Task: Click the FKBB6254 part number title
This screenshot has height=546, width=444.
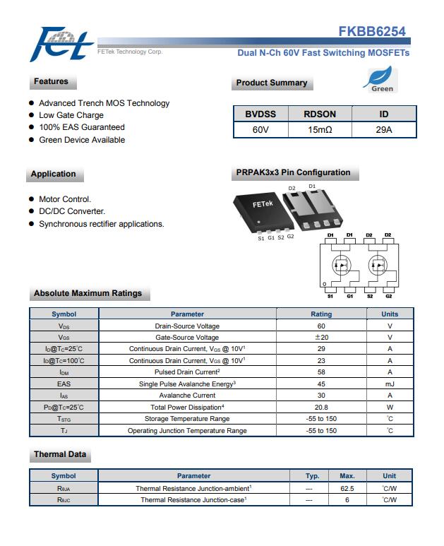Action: (x=372, y=32)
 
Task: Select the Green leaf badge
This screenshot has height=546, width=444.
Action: (x=382, y=80)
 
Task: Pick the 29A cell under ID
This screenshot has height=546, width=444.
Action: (x=383, y=130)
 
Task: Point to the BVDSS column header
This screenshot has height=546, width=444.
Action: (x=260, y=114)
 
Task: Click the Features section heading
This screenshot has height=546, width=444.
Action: (x=51, y=82)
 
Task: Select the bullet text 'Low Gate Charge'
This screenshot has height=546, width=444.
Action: (x=71, y=115)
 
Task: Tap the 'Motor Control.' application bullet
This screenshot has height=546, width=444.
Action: (x=65, y=199)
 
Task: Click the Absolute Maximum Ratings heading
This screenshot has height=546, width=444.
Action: (x=88, y=293)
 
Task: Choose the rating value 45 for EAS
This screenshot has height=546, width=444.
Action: (x=321, y=384)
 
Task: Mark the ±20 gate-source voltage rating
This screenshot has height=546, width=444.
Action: (x=321, y=338)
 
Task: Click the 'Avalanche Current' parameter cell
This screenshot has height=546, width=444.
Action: (x=187, y=396)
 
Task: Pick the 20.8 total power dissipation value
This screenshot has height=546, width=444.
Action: (x=321, y=407)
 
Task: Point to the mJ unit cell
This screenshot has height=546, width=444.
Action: (x=390, y=384)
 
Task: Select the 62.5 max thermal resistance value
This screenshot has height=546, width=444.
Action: (x=347, y=488)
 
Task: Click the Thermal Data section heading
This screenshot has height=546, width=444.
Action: (x=60, y=454)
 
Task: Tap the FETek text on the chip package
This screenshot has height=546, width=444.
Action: (x=262, y=204)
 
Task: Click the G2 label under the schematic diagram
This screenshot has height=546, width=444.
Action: (x=388, y=297)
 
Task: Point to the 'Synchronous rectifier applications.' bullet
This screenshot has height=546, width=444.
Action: (x=101, y=224)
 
